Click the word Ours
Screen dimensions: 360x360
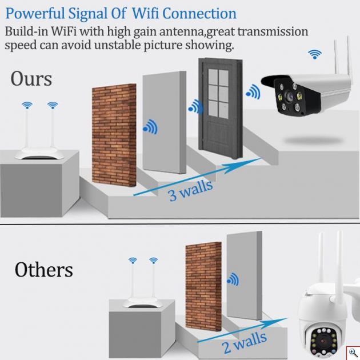pyautogui.click(x=31, y=79)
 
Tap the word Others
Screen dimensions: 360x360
pyautogui.click(x=44, y=269)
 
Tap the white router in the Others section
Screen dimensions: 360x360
pyautogui.click(x=143, y=297)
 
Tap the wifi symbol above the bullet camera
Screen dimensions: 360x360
pyautogui.click(x=314, y=54)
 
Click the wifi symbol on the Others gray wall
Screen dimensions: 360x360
pyautogui.click(x=233, y=279)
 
